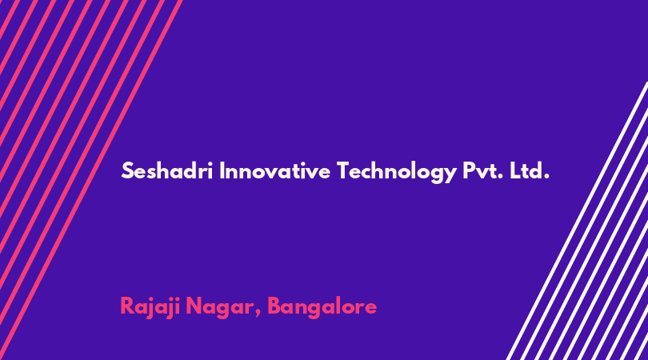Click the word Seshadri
pos(167,170)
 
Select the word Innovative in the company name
pos(274,170)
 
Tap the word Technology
pos(396,172)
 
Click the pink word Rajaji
pos(150,307)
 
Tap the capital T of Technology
pos(344,170)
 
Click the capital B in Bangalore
pos(275,306)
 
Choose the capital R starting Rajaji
pos(127,306)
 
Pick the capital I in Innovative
pos(222,170)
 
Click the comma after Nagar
pos(258,315)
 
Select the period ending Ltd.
pos(546,178)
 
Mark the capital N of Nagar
pos(194,306)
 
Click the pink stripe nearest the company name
pos(91,180)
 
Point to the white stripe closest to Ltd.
pos(577,221)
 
